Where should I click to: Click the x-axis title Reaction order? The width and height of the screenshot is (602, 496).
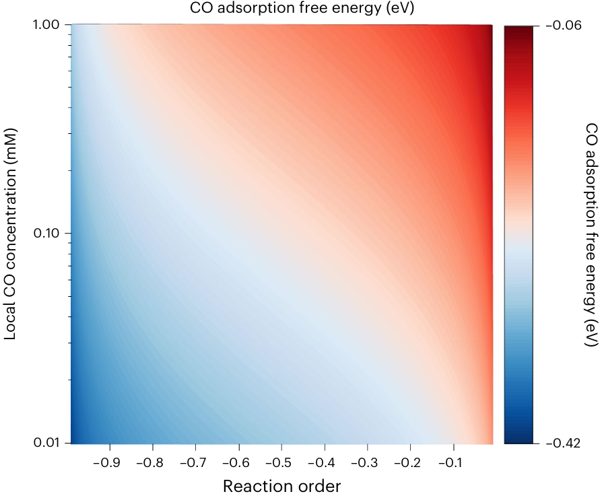click(281, 485)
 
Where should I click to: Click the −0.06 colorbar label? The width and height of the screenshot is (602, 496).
click(563, 25)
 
